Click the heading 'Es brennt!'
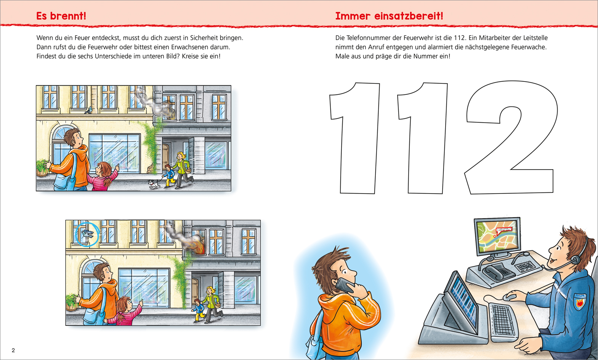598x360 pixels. (61, 16)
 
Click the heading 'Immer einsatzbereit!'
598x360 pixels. (389, 16)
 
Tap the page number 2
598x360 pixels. (13, 350)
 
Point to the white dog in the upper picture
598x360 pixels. (154, 184)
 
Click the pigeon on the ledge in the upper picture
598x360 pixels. (89, 110)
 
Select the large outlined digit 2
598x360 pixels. (511, 138)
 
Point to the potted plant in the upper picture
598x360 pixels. (42, 168)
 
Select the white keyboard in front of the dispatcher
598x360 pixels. (503, 321)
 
